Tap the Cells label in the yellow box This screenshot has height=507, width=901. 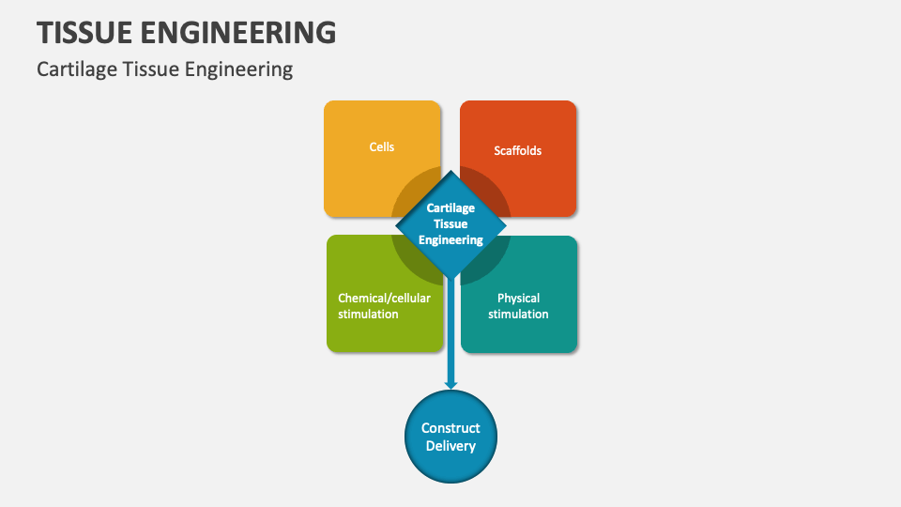coord(382,147)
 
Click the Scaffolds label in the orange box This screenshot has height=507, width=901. coord(517,150)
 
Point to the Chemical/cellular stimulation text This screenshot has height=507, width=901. coord(384,306)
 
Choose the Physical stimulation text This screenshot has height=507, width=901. coord(518,306)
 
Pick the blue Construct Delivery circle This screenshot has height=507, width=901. coord(450,437)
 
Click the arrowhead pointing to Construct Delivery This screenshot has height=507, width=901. coord(450,382)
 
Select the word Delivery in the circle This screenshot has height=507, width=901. coord(450,446)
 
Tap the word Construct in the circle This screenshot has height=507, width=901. coord(450,428)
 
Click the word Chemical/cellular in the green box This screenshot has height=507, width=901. coord(384,299)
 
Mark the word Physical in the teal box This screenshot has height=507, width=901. coord(518,299)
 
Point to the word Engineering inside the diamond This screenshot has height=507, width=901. coord(451,240)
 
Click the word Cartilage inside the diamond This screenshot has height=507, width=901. coord(451,208)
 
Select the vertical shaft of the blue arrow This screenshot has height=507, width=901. coord(450,329)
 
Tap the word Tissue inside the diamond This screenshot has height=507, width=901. coord(451,224)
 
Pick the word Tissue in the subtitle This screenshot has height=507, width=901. coord(147,69)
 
